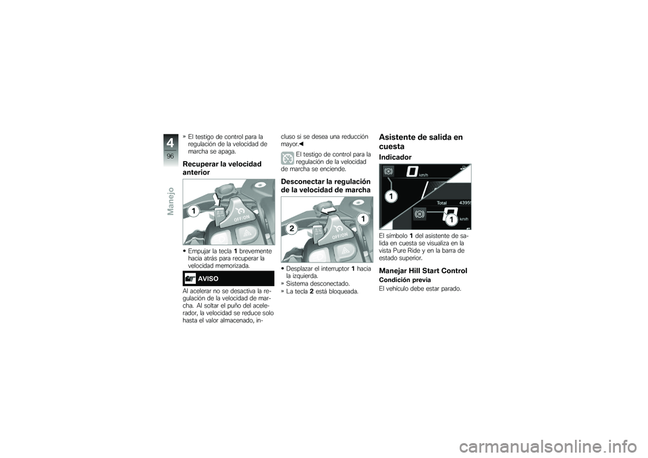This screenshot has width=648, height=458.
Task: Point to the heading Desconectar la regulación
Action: coord(325,186)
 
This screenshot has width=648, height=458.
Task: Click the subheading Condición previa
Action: coord(404,279)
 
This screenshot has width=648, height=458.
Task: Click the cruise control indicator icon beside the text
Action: coord(287,159)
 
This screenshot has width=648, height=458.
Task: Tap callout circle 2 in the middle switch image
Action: coord(291,229)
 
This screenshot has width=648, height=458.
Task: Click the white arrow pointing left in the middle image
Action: coord(330,211)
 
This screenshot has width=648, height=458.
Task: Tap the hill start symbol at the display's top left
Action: coord(388,172)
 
